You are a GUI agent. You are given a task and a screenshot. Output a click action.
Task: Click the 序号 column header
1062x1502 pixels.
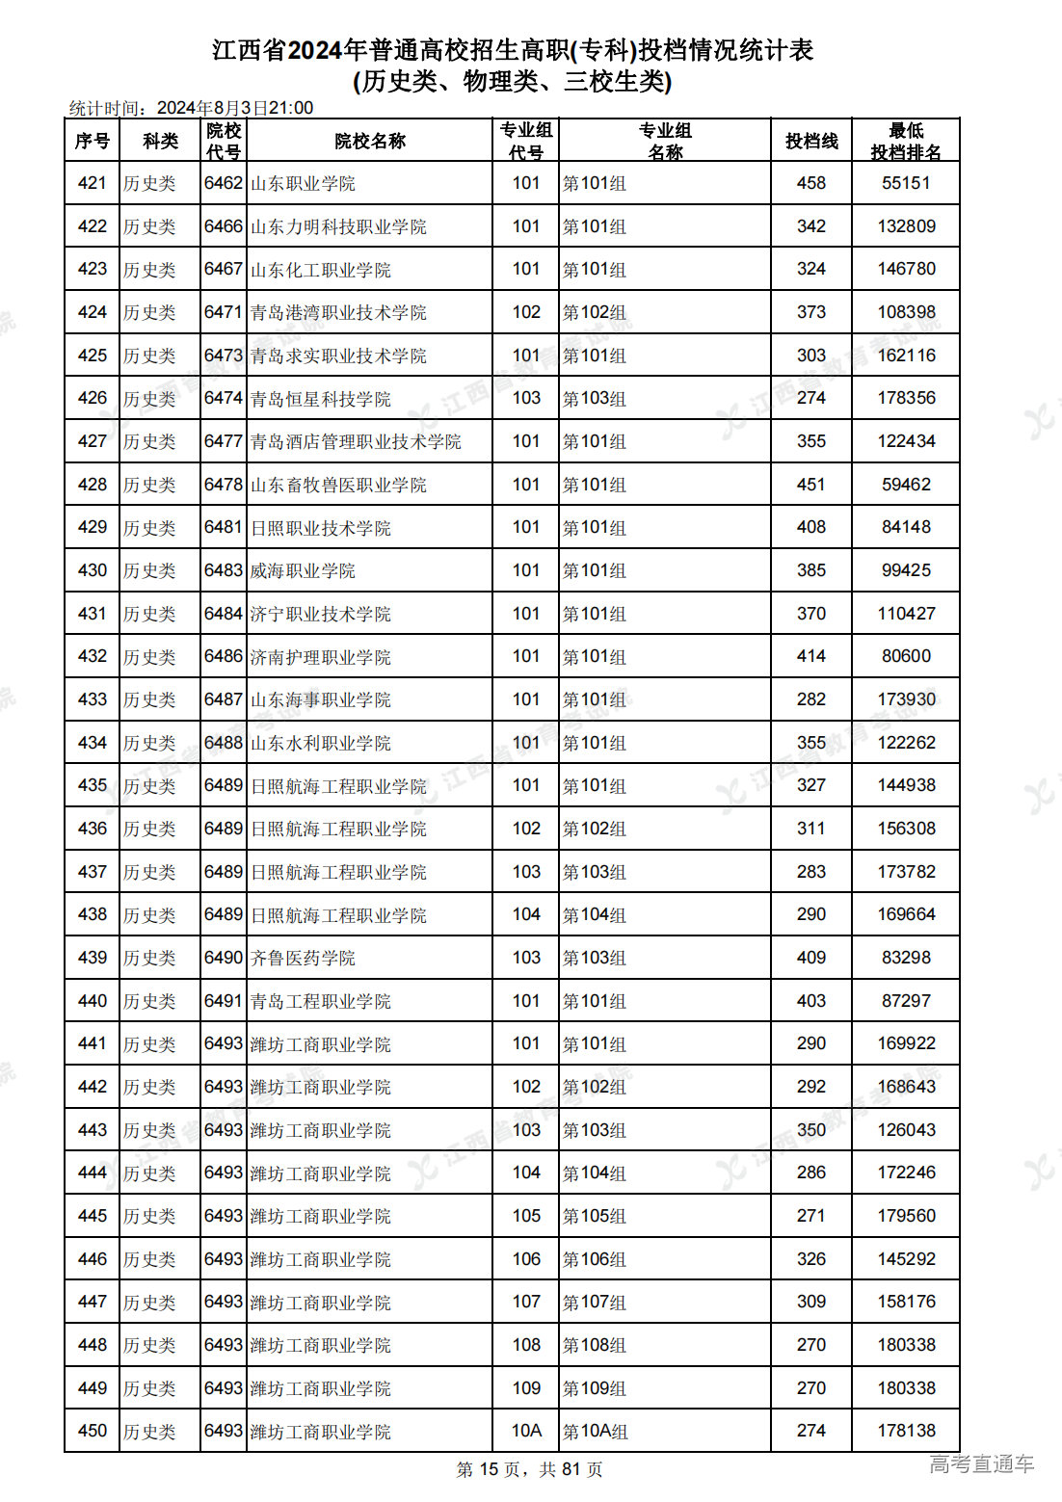[92, 141]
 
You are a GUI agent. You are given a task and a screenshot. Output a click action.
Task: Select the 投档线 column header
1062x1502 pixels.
[810, 141]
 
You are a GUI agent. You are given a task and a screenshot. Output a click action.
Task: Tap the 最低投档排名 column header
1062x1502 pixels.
[906, 141]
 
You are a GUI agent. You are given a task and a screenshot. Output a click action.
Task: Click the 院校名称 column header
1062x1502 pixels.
[370, 141]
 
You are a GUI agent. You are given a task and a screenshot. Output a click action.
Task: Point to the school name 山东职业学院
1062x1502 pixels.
[303, 183]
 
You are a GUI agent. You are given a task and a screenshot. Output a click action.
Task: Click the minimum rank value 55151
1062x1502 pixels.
[906, 183]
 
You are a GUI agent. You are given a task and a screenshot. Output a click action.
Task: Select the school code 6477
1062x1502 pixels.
[223, 441]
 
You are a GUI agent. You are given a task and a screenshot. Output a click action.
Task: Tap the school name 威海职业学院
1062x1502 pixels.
[303, 570]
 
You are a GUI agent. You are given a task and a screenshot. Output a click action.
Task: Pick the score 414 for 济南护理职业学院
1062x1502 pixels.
[810, 656]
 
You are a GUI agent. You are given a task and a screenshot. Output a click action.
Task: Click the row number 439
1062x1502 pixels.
[92, 958]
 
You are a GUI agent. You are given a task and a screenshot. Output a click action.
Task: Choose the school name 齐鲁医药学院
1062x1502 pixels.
[303, 958]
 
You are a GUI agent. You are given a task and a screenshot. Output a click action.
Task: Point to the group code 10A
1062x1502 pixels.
[526, 1431]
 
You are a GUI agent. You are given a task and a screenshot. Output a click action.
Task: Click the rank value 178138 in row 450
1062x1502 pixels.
[906, 1431]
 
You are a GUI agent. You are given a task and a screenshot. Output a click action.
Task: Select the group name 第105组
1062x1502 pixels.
[595, 1216]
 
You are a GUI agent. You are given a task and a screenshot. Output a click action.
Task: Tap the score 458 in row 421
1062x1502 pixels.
[810, 183]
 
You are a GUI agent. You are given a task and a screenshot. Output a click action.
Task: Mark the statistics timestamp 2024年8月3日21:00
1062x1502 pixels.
[235, 108]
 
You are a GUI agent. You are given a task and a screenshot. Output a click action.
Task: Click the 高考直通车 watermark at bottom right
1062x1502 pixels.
[981, 1464]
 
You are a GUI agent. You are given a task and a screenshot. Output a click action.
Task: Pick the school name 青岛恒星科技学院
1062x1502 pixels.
[320, 399]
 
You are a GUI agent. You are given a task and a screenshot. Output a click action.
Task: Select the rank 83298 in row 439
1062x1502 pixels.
[906, 958]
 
